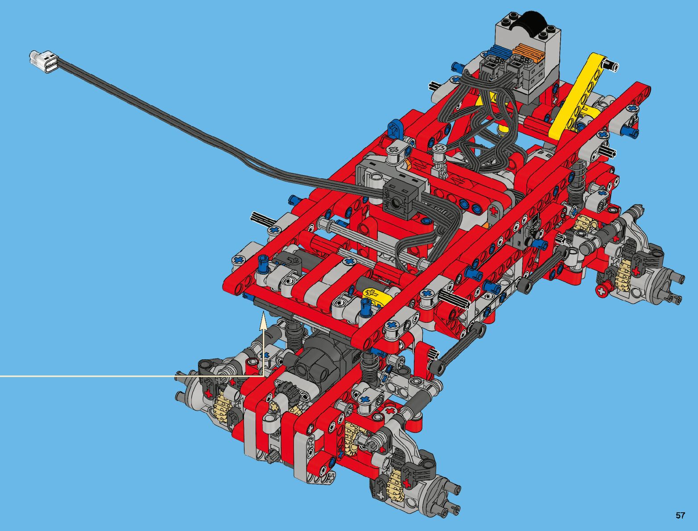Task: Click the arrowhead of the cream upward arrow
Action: coord(263,320)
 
